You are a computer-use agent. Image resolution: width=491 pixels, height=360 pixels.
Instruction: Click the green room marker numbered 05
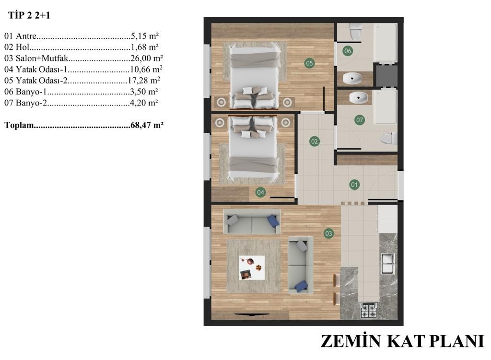click(x=309, y=63)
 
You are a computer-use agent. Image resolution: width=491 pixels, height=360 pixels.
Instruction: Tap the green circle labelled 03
click(x=328, y=233)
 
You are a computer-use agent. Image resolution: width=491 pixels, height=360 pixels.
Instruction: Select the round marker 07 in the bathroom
click(x=360, y=120)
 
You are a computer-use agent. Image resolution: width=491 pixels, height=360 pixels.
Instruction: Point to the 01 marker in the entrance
click(x=354, y=185)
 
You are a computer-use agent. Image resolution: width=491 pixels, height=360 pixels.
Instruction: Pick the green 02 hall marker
click(x=315, y=141)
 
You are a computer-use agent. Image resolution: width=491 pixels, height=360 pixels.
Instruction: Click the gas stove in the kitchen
click(x=368, y=310)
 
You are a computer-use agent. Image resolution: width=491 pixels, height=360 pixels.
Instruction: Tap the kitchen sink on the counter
click(x=387, y=264)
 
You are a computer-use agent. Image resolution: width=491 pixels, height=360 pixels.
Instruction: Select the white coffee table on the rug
click(x=252, y=267)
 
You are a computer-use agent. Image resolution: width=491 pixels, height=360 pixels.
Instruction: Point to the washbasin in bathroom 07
click(x=358, y=98)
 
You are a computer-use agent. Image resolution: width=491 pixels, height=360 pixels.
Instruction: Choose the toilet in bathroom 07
click(x=388, y=139)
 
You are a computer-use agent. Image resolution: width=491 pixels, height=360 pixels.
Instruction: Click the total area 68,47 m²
click(x=147, y=125)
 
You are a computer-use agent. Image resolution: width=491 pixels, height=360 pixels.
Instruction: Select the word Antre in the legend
click(x=26, y=36)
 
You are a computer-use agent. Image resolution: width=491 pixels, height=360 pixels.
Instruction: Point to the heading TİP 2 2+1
click(x=29, y=15)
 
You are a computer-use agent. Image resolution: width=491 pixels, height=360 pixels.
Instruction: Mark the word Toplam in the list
click(x=19, y=125)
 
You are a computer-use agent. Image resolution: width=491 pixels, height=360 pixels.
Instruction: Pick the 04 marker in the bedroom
click(x=260, y=192)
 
